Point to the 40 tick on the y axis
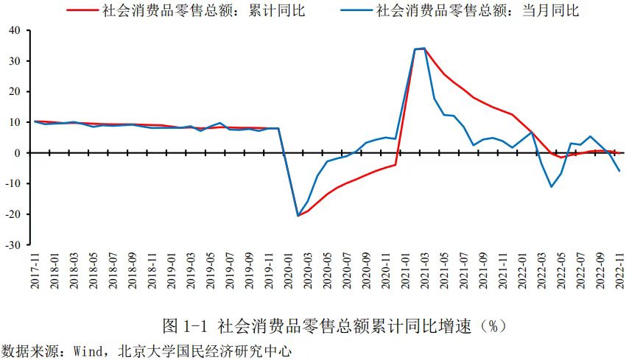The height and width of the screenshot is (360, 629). click(x=15, y=30)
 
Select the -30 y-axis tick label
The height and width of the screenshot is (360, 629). click(x=13, y=245)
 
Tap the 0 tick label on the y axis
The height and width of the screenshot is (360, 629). click(x=18, y=153)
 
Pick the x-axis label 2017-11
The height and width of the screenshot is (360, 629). click(x=35, y=272)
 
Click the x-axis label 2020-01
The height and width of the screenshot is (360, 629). click(x=284, y=272)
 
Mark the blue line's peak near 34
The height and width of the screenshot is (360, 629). click(x=423, y=49)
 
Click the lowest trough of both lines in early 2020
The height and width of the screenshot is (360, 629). click(x=298, y=216)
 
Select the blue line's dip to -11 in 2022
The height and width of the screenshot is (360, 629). click(x=551, y=186)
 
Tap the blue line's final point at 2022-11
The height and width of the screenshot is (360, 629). click(x=619, y=171)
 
